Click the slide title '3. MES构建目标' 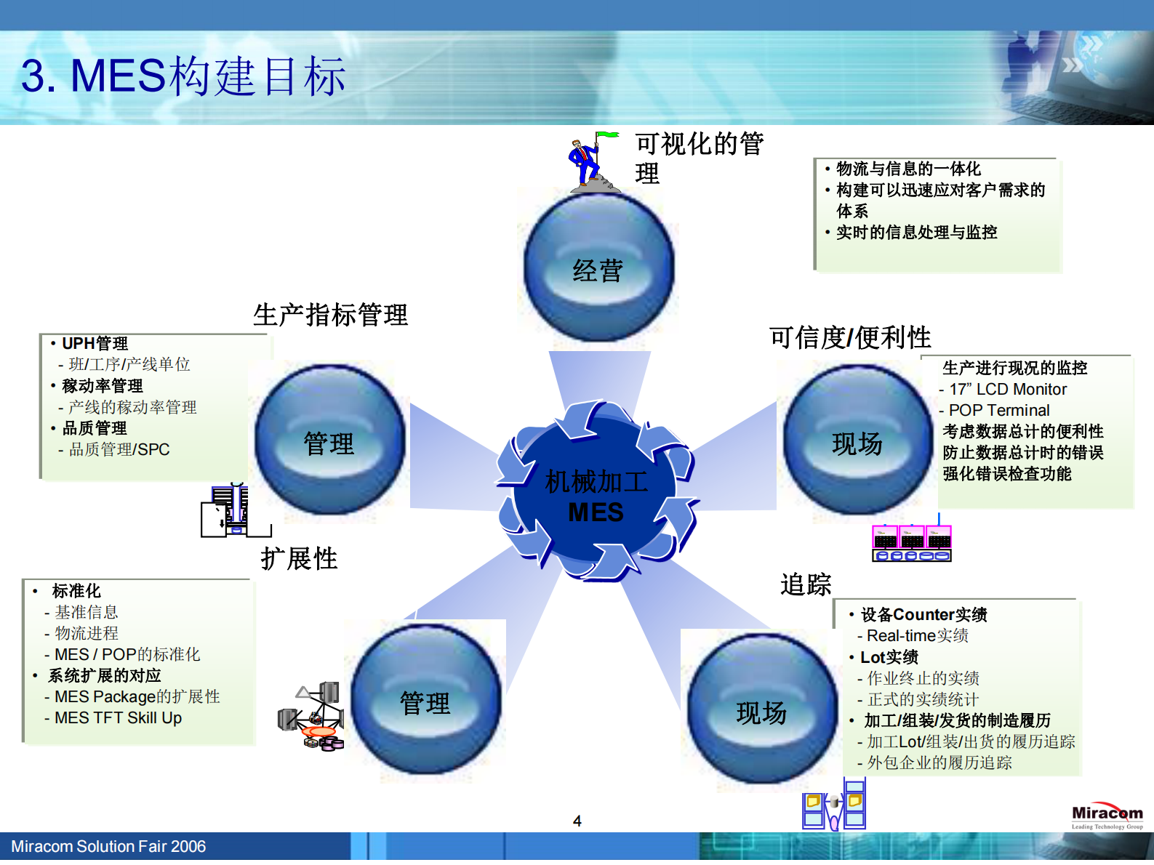183,76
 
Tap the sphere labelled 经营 598,267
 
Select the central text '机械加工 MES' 596,496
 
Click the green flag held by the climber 607,135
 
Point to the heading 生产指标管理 330,315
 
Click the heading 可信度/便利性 850,337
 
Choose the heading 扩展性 299,558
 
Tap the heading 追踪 805,584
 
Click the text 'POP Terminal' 998,411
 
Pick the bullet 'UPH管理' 95,343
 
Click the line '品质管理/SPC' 119,450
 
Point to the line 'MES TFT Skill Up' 118,718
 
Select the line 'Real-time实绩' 917,636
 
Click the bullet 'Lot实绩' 889,657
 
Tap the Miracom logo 1107,816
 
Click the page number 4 577,821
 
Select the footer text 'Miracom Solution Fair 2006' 108,847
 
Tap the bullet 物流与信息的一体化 908,169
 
